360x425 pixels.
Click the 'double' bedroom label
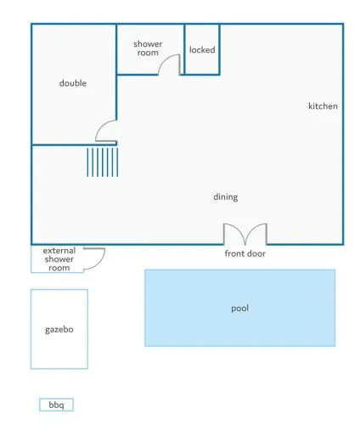[73, 83]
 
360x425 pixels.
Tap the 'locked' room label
[202, 50]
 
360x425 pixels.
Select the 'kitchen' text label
[323, 106]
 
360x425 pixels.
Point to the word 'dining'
[226, 197]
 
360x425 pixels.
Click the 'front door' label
[245, 253]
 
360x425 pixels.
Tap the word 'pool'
[240, 309]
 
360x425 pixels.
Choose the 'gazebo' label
[59, 330]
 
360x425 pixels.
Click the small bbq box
[56, 405]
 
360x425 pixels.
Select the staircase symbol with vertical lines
[103, 162]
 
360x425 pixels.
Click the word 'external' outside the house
[59, 251]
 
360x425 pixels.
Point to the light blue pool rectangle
[240, 308]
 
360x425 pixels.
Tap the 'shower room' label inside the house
[148, 48]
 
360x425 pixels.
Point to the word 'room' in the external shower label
[59, 268]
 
